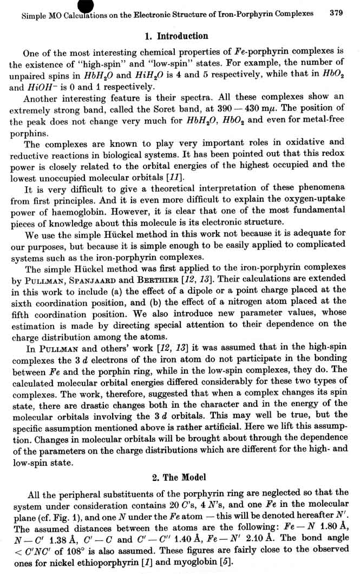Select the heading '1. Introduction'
pyautogui.click(x=176, y=36)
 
